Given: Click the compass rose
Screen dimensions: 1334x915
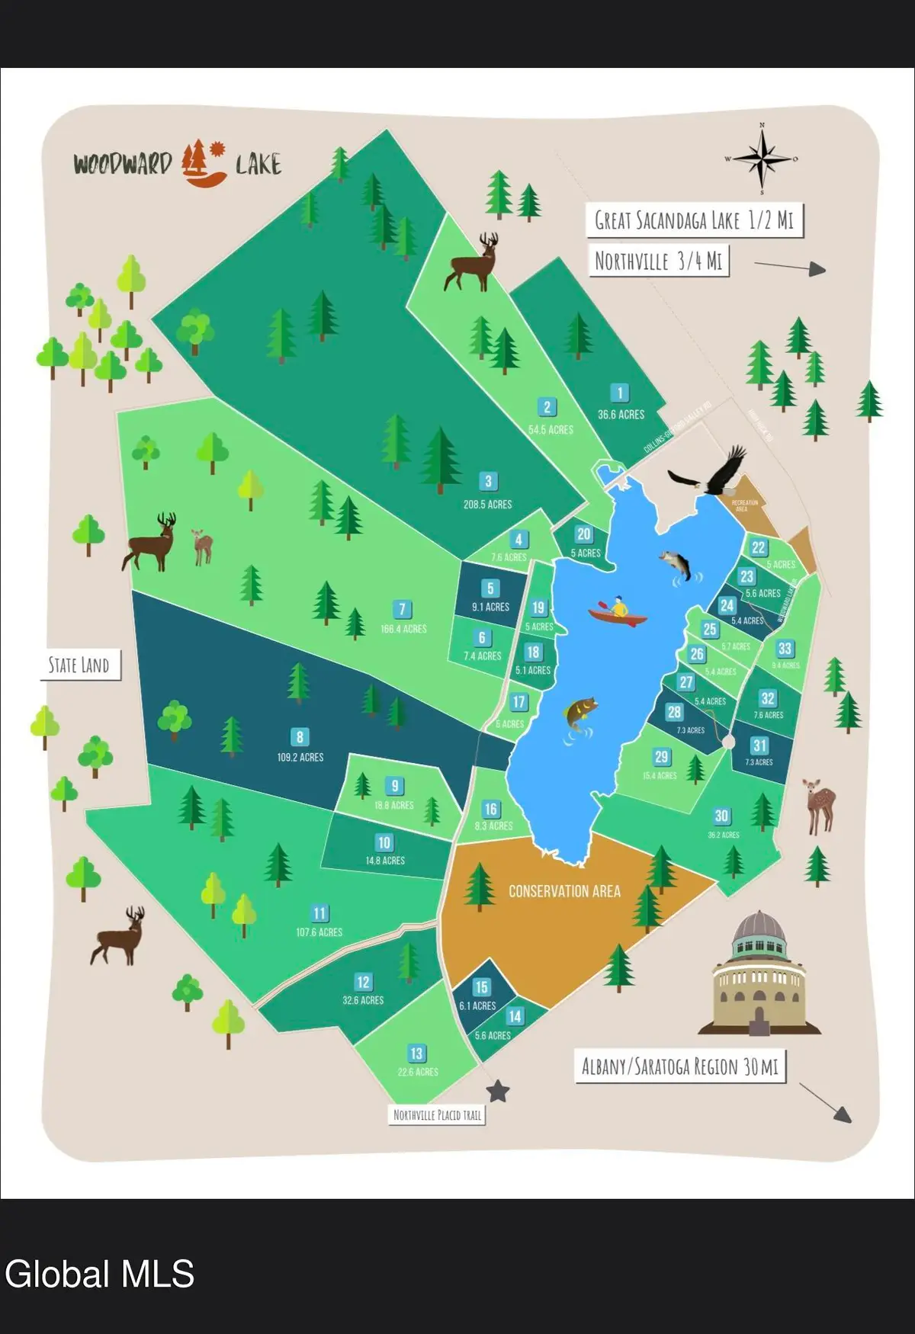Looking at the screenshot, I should [x=762, y=159].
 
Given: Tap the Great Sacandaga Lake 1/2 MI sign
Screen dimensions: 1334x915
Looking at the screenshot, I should [x=694, y=221].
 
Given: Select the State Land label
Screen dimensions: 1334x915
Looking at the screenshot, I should [x=79, y=665].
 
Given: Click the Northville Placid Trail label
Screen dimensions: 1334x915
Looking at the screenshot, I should [x=437, y=1115].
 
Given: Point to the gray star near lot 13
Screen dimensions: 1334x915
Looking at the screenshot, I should [x=498, y=1092].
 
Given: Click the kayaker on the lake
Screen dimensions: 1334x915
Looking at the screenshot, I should [x=618, y=611].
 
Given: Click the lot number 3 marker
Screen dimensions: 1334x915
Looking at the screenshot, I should [x=488, y=482].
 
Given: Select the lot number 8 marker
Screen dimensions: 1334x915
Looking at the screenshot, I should [x=300, y=737].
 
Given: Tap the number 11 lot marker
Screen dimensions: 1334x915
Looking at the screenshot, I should [x=319, y=913].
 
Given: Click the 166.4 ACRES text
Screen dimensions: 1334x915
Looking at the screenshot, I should [x=403, y=629].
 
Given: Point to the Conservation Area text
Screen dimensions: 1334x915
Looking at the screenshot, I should [x=564, y=891].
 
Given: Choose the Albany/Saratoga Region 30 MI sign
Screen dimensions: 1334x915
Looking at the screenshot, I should [x=680, y=1066].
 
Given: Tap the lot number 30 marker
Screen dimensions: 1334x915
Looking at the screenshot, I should [x=721, y=816].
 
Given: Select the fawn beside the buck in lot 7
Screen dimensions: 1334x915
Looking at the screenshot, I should [x=202, y=546].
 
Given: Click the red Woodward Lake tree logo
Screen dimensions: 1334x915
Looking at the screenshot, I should [x=203, y=162].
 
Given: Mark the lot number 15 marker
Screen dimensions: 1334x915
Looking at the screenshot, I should [x=481, y=987].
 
